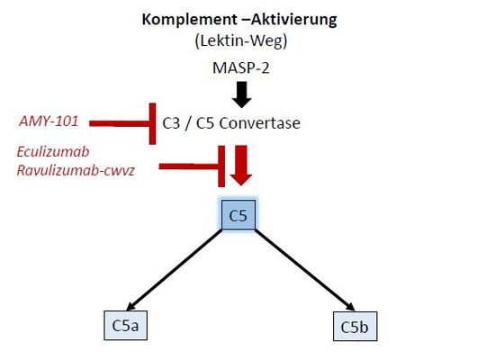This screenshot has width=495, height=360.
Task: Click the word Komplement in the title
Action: coord(189,20)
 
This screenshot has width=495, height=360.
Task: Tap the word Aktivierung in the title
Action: coord(293,20)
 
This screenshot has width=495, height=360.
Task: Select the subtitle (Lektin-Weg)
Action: coord(241,40)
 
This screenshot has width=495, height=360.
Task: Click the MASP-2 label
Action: coord(241,67)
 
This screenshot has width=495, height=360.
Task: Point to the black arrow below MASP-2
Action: coord(241,94)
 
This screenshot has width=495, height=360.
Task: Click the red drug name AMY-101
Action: coord(49,121)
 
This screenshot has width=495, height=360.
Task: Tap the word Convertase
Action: coord(259,122)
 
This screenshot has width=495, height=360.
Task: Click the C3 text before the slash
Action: coord(171,123)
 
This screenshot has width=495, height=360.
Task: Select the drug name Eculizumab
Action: coord(53,152)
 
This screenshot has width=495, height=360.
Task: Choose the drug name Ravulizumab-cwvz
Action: coord(76,170)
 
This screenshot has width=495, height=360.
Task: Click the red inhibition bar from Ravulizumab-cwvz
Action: coord(192,166)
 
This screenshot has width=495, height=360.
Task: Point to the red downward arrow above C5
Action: coord(241,166)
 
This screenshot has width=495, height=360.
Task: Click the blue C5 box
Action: coord(238,215)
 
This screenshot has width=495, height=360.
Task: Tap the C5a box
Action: coord(126,326)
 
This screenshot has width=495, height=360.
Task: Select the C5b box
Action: coord(355,326)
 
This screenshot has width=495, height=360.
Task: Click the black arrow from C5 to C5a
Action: coord(174,270)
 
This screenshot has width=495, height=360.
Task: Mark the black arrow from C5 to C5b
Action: coord(305,270)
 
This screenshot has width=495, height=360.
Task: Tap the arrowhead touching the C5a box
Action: coord(130,306)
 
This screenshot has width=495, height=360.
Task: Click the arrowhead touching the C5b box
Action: coord(351,307)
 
